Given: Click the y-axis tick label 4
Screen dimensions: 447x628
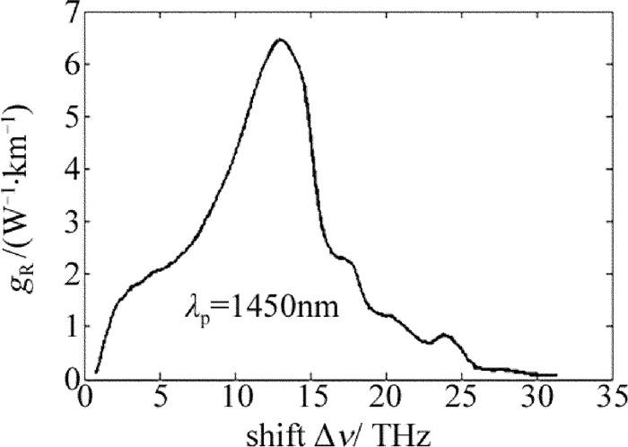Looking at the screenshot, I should click(x=65, y=171).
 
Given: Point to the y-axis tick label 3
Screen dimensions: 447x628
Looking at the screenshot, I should click(x=65, y=223).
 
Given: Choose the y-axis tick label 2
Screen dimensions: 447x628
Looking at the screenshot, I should click(x=65, y=275).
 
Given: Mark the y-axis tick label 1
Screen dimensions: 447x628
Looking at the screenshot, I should click(x=65, y=327).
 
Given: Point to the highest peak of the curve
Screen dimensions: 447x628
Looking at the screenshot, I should click(x=280, y=40).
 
